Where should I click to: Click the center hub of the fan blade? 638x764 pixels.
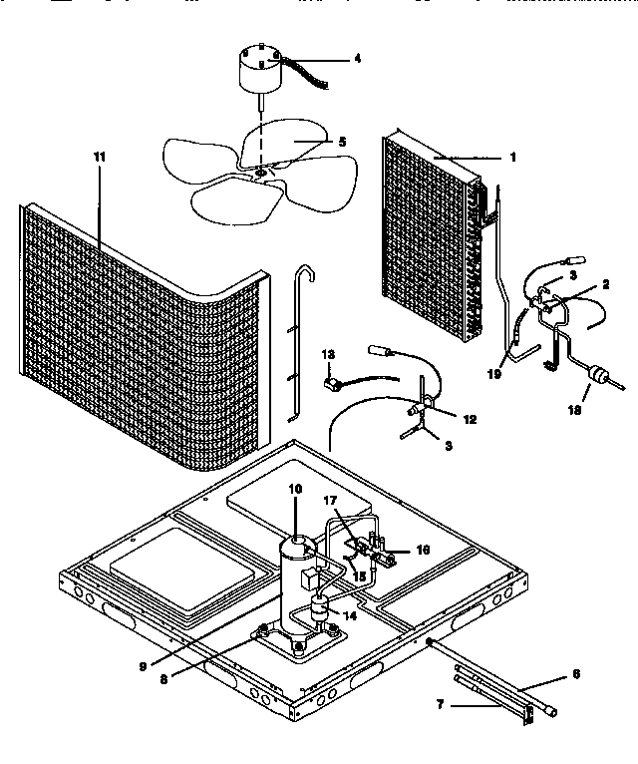(261, 174)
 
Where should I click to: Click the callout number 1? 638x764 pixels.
(512, 158)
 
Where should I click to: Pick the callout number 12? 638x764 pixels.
(470, 420)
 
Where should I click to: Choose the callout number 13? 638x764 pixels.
(329, 354)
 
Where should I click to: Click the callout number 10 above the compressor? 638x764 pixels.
(295, 489)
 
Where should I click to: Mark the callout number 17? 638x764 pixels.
(331, 500)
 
